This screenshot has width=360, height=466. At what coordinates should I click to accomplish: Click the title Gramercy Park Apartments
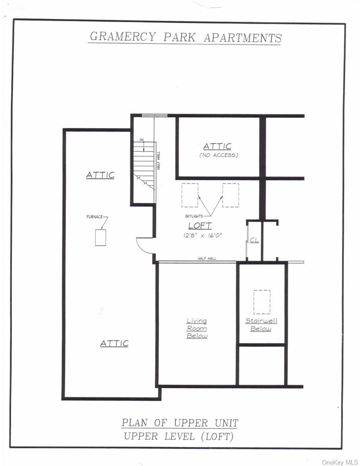point(185,37)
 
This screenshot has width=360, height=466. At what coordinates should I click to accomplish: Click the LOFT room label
point(200,226)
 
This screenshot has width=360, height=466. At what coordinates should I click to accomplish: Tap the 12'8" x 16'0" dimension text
point(202,235)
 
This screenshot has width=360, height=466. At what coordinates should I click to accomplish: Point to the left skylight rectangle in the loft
point(189,195)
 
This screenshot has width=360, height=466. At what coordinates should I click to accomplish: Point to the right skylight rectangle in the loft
point(231,195)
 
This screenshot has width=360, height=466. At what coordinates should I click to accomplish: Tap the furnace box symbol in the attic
point(101,237)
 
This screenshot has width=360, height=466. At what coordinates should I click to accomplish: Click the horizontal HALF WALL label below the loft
point(207,258)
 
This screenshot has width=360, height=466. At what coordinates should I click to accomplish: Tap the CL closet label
point(254,240)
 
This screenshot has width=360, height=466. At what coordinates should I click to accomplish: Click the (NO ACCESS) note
point(219,155)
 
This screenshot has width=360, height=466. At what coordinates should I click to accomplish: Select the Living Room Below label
point(197,328)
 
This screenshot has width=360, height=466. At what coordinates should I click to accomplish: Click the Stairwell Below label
point(261,325)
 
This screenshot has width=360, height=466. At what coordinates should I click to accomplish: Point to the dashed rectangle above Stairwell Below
point(262,302)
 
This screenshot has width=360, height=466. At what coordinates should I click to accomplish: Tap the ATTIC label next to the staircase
point(100,175)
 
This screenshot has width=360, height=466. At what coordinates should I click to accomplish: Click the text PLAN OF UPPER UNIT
point(180,423)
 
